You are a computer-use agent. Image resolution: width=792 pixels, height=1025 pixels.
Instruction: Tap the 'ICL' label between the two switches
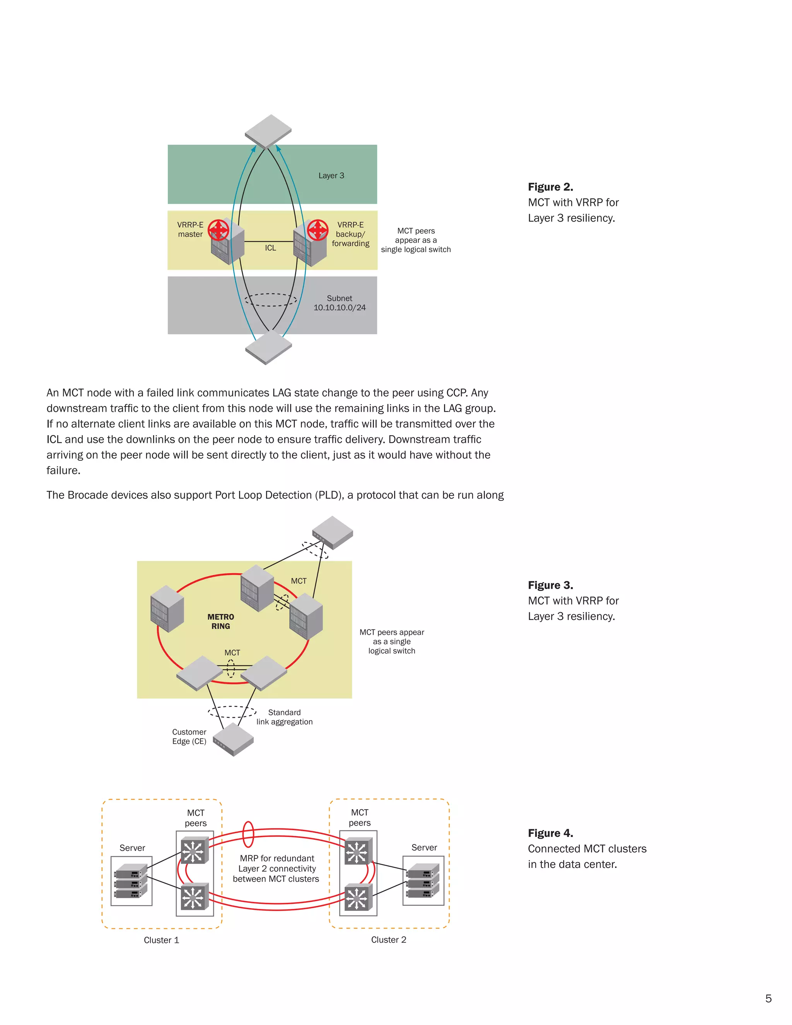[x=270, y=248]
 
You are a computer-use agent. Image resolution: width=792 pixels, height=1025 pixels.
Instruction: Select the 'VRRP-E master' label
[x=190, y=229]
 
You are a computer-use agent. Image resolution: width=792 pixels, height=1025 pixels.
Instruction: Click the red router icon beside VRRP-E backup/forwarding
[x=317, y=230]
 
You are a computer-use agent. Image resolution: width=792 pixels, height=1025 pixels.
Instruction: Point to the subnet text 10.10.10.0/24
[x=339, y=307]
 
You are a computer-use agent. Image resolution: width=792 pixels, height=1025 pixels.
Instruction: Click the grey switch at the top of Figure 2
[x=268, y=132]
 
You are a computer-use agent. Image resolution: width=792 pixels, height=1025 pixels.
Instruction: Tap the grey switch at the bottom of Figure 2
[x=268, y=347]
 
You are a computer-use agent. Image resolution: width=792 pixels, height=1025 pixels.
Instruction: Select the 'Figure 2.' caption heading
[x=550, y=187]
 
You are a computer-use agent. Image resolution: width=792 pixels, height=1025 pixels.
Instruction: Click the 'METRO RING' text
[x=220, y=622]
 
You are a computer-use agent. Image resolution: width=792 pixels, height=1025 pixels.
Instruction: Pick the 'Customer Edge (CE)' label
[x=189, y=736]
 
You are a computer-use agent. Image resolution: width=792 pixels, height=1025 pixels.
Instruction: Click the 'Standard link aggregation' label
[x=284, y=717]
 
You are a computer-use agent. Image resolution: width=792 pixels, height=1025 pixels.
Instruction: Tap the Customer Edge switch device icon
[x=233, y=739]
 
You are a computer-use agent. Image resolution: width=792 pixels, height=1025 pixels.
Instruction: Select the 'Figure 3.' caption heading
[x=550, y=585]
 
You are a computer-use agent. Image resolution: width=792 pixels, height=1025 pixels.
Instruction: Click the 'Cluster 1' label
[x=161, y=940]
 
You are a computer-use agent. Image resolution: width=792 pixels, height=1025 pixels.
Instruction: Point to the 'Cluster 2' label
[x=389, y=940]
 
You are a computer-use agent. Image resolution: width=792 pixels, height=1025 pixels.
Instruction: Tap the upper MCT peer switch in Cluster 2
[x=358, y=851]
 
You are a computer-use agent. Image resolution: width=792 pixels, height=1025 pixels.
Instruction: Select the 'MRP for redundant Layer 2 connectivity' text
[x=277, y=868]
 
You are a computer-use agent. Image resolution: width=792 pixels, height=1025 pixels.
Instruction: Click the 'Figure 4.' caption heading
[x=550, y=833]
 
